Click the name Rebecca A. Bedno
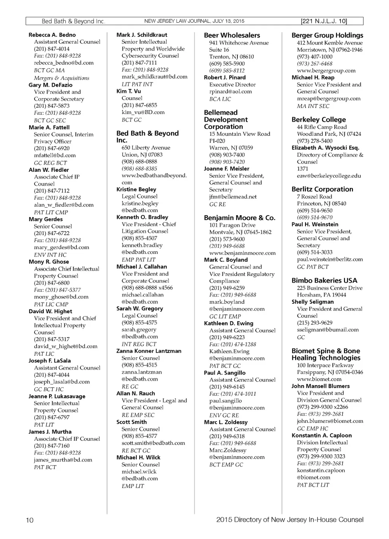[52, 35]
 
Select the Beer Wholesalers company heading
[232, 35]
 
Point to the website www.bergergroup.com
[326, 71]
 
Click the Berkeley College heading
[318, 120]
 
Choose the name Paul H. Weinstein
[315, 225]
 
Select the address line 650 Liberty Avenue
[146, 148]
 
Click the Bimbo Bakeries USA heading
[324, 281]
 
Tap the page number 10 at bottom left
[30, 520]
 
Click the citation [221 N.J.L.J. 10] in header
[323, 21]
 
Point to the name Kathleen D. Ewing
[228, 323]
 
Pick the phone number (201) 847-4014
[52, 49]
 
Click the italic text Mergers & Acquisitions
[62, 78]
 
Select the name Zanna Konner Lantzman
[149, 351]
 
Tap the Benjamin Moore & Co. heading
[239, 218]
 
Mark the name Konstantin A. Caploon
[321, 436]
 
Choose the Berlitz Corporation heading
[322, 189]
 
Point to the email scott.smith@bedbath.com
[153, 443]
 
